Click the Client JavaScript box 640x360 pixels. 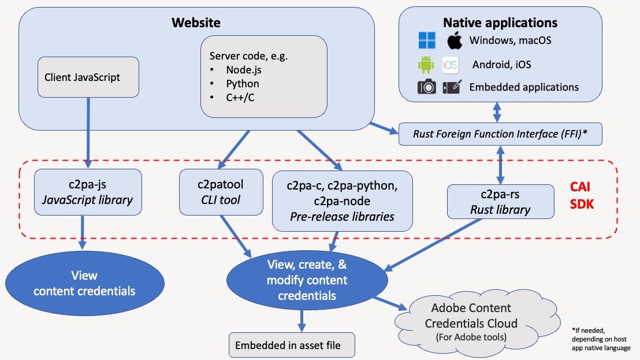(x=88, y=77)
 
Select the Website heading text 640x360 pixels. (x=196, y=23)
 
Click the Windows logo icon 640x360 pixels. (x=427, y=40)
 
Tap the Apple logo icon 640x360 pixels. (x=455, y=40)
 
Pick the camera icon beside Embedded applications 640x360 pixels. (x=427, y=87)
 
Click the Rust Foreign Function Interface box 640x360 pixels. (x=500, y=134)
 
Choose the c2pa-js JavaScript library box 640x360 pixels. (x=88, y=192)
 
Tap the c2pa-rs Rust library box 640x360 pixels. (x=498, y=201)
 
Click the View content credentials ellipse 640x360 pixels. (x=84, y=283)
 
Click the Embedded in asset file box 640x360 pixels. (x=291, y=345)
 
